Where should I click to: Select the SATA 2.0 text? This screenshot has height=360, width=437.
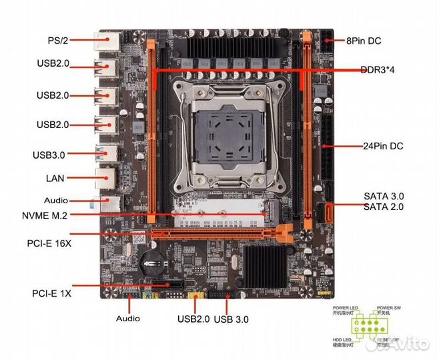[384, 207]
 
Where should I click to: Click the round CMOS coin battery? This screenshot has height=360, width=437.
[153, 266]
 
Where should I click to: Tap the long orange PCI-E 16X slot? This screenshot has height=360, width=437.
[220, 234]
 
